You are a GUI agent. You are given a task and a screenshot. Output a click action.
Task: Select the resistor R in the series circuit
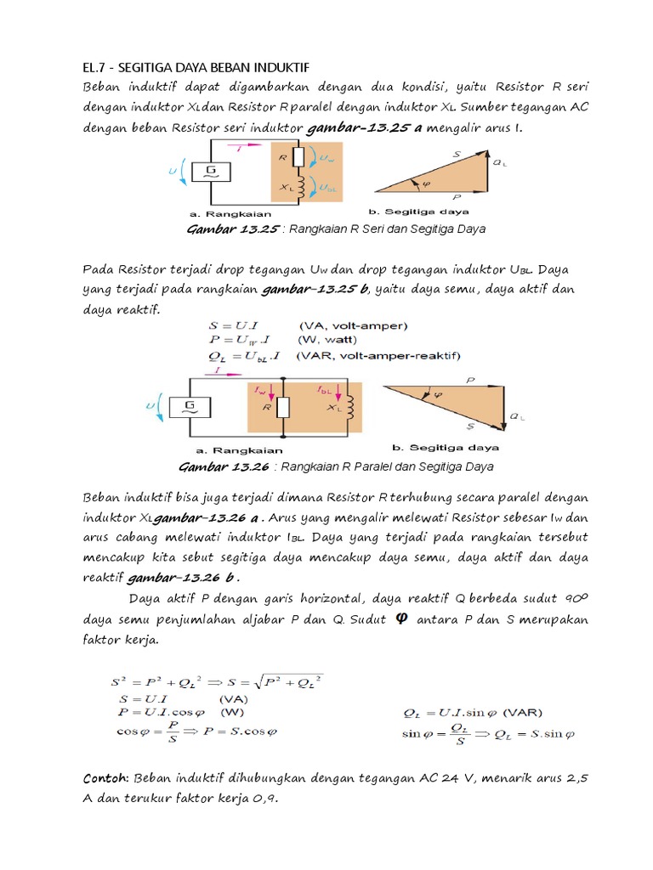click(x=298, y=158)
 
